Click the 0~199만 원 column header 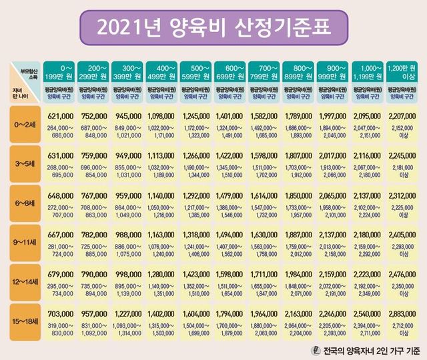pyautogui.click(x=59, y=71)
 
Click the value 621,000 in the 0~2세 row pyautogui.click(x=59, y=117)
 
